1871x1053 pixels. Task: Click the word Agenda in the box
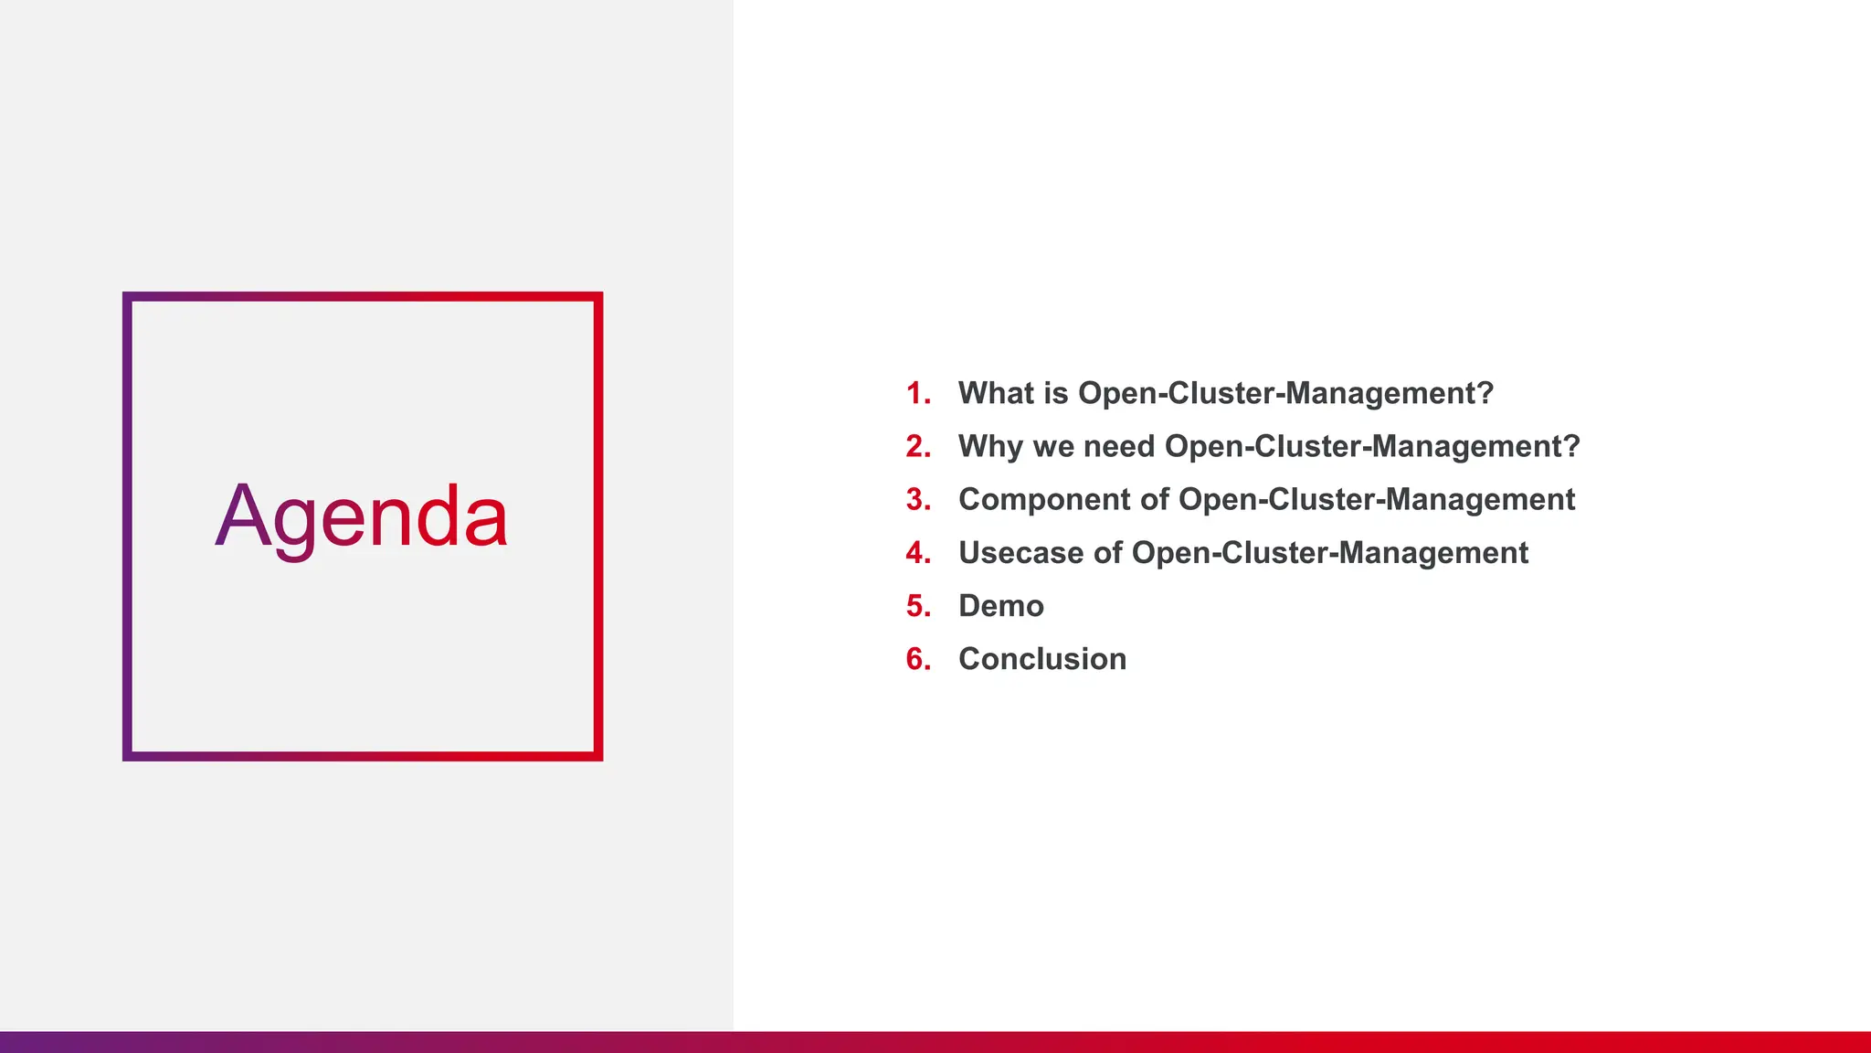[x=362, y=517]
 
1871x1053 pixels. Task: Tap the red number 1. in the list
[x=918, y=393]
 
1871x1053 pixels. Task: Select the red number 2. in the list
[x=918, y=446]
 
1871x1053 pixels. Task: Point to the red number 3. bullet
[x=918, y=499]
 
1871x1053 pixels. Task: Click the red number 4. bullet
[x=918, y=553]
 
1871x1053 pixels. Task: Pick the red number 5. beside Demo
[x=918, y=606]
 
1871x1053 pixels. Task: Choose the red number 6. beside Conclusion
[x=918, y=659]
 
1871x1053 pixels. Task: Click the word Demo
[x=1000, y=606]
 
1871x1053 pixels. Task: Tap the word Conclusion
[x=1042, y=659]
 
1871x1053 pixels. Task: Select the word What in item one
[x=995, y=393]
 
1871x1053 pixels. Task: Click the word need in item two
[x=1118, y=446]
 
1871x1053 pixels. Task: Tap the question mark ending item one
[x=1485, y=393]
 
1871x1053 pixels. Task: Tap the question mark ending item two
[x=1571, y=446]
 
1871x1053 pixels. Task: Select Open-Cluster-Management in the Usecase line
[x=1329, y=553]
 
